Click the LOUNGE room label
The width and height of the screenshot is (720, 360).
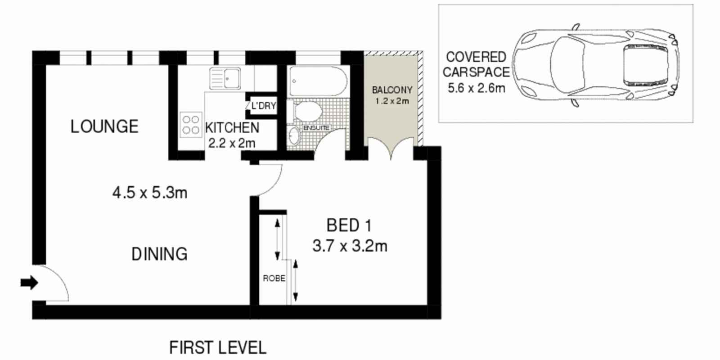104,126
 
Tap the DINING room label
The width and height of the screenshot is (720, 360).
159,254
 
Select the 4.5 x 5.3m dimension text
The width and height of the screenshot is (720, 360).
150,193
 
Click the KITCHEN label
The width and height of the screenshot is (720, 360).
232,128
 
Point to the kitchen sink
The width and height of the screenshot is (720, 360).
225,78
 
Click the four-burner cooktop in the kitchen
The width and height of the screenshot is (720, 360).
191,125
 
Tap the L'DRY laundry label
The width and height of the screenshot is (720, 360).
264,105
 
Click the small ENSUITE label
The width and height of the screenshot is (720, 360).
317,128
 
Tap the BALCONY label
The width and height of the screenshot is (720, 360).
392,90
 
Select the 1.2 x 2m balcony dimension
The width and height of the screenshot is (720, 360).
392,101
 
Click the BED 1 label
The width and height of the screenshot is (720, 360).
349,225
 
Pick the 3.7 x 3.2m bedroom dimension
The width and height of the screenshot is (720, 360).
350,246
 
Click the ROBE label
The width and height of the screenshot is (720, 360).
274,278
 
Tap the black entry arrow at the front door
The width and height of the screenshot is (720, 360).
30,283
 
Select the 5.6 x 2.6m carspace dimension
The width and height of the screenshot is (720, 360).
477,88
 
